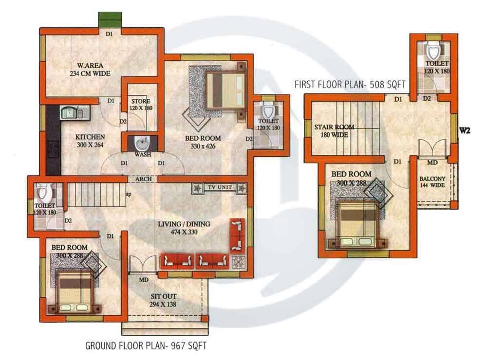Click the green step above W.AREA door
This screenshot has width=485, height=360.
tap(110, 20)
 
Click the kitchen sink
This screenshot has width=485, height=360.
tap(72, 113)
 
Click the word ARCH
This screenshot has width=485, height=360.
tap(143, 179)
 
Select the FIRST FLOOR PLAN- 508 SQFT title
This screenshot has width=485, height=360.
tap(350, 84)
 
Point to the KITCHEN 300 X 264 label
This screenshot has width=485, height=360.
tap(91, 141)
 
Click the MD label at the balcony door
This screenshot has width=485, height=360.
tap(431, 162)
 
